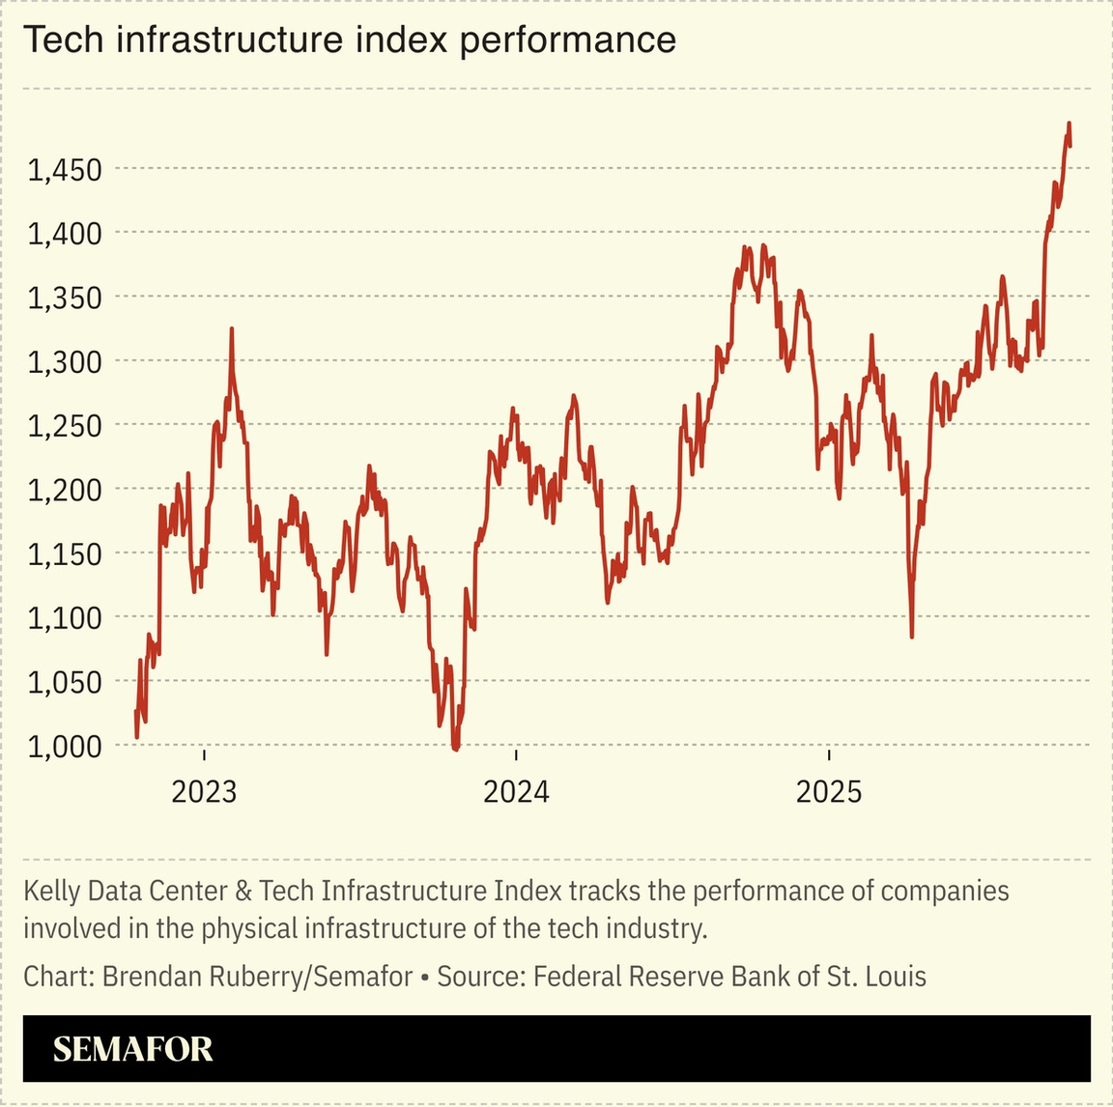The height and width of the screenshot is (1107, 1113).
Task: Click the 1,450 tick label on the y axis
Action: coord(63,171)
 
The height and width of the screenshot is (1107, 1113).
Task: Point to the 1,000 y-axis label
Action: coord(63,747)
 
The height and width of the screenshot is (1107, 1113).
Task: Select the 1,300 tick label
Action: coord(63,363)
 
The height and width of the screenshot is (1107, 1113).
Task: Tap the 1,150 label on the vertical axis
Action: coord(63,554)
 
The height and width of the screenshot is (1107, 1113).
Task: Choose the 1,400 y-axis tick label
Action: coord(63,235)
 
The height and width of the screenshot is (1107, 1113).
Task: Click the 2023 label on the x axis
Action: coord(204,792)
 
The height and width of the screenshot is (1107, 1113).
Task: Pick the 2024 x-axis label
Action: coord(516,792)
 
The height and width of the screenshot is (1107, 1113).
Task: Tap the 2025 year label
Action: coord(828,792)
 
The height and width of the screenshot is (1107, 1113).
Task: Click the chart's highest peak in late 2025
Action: coord(1069,124)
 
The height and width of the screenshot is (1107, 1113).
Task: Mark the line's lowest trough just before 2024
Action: coord(456,748)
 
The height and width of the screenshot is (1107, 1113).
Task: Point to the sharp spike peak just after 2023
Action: coord(232,329)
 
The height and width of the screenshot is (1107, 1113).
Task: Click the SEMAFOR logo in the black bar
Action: coord(133,1049)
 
